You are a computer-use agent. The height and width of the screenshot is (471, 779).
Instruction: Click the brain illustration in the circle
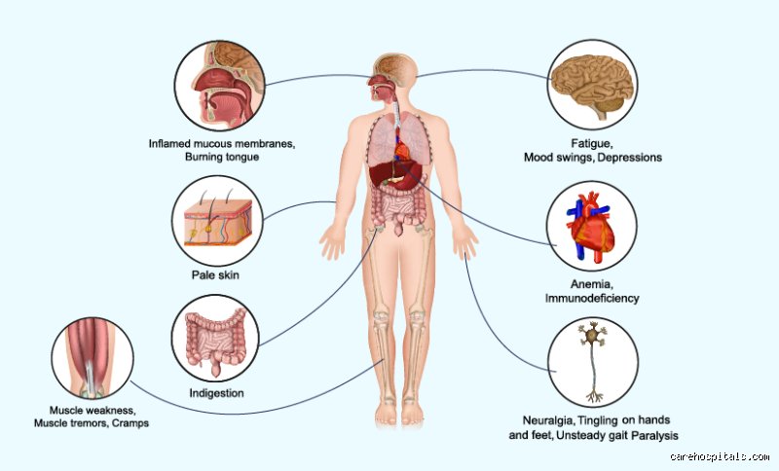(593, 86)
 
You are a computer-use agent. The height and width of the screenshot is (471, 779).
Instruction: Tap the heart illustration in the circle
(591, 226)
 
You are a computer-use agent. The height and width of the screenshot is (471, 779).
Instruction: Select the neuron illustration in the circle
(592, 361)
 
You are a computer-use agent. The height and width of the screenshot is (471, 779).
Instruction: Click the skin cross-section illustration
(217, 222)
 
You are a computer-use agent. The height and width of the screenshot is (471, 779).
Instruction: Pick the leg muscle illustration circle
(93, 358)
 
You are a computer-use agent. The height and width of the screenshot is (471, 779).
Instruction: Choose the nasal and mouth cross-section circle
(219, 86)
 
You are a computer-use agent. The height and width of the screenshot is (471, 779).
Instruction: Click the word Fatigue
(592, 144)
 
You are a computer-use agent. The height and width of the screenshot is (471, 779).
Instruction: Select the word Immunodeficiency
(592, 299)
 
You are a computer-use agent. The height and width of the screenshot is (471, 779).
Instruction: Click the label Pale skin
(215, 274)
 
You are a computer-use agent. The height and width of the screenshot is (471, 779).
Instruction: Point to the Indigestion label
(216, 393)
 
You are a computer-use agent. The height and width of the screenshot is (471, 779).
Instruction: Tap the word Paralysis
(654, 436)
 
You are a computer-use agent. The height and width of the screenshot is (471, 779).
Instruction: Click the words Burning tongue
(222, 157)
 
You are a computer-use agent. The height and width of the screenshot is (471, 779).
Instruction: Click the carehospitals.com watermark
(720, 456)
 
